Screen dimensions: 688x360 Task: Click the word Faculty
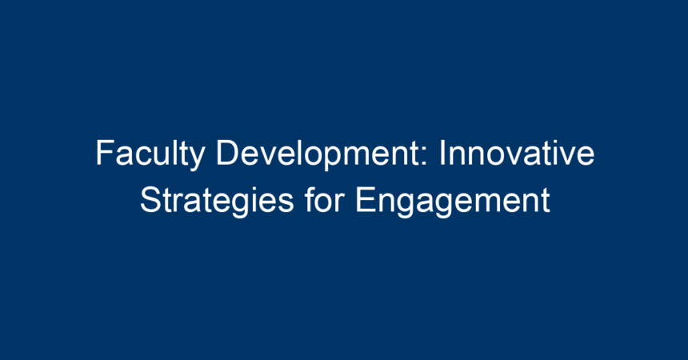(150, 155)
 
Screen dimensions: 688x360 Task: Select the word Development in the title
(322, 155)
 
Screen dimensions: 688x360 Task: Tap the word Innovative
(517, 153)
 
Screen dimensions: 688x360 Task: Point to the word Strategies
(217, 202)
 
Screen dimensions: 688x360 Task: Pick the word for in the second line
(324, 199)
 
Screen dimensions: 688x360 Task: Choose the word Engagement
(452, 202)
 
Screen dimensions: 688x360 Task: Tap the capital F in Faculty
(105, 153)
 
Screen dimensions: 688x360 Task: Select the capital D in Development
(228, 153)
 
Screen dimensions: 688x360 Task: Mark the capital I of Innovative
(442, 153)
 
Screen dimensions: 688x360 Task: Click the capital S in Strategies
(151, 200)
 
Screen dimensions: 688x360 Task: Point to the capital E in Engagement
(366, 200)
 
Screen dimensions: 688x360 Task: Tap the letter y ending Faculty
(197, 159)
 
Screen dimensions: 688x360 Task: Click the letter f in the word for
(310, 199)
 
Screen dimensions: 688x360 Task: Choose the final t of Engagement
(546, 201)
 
